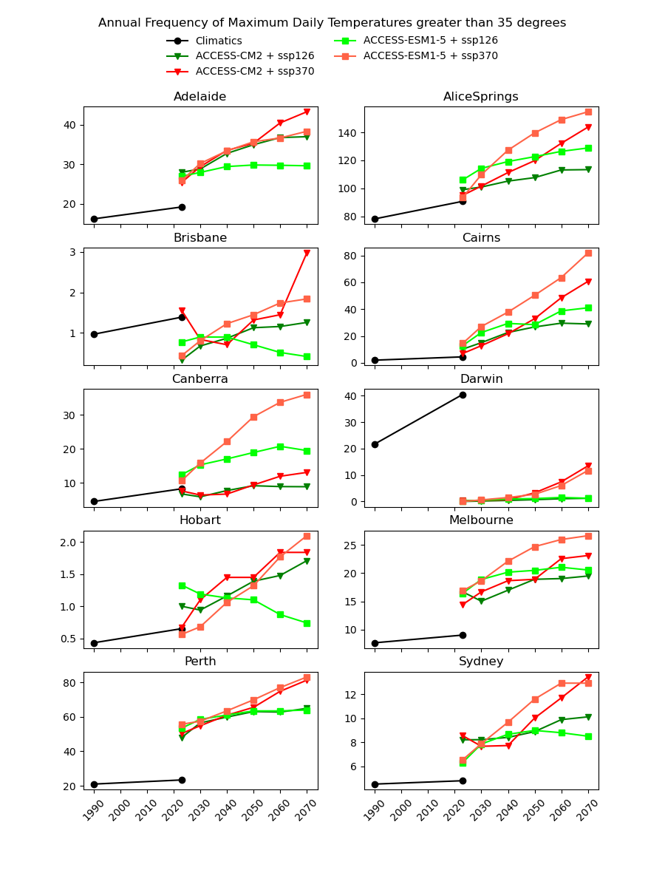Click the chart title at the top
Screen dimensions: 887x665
point(332,23)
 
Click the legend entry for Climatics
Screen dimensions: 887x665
point(218,41)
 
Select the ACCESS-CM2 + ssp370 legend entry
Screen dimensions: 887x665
point(254,72)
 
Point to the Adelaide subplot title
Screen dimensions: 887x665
point(199,97)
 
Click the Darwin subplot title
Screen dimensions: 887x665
point(481,379)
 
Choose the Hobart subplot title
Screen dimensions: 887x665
point(199,520)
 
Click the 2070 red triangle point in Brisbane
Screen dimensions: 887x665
point(307,254)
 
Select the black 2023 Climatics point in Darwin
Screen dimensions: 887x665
point(463,395)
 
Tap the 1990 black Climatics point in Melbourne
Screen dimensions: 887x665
point(375,643)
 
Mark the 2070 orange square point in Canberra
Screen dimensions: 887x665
point(307,395)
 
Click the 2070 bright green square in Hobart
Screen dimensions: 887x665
point(307,623)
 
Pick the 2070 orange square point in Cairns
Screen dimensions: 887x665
point(588,253)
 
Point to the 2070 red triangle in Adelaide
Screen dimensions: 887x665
point(307,112)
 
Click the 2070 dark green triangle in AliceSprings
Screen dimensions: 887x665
point(588,169)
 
